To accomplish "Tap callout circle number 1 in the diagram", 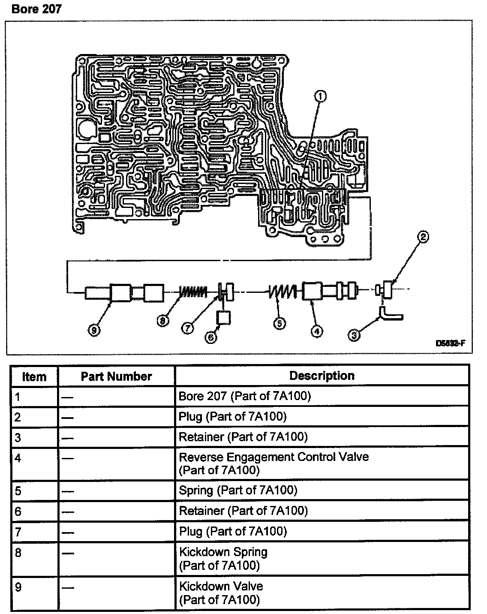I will point(321,96).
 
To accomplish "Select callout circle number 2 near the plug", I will point(423,237).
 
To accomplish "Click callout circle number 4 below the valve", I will point(317,331).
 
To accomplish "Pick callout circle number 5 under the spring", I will point(280,324).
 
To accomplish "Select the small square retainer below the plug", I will point(223,318).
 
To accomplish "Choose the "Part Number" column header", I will point(116,376).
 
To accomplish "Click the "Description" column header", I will point(322,376).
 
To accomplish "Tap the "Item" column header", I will point(34,377).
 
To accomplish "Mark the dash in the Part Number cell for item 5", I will point(67,491).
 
